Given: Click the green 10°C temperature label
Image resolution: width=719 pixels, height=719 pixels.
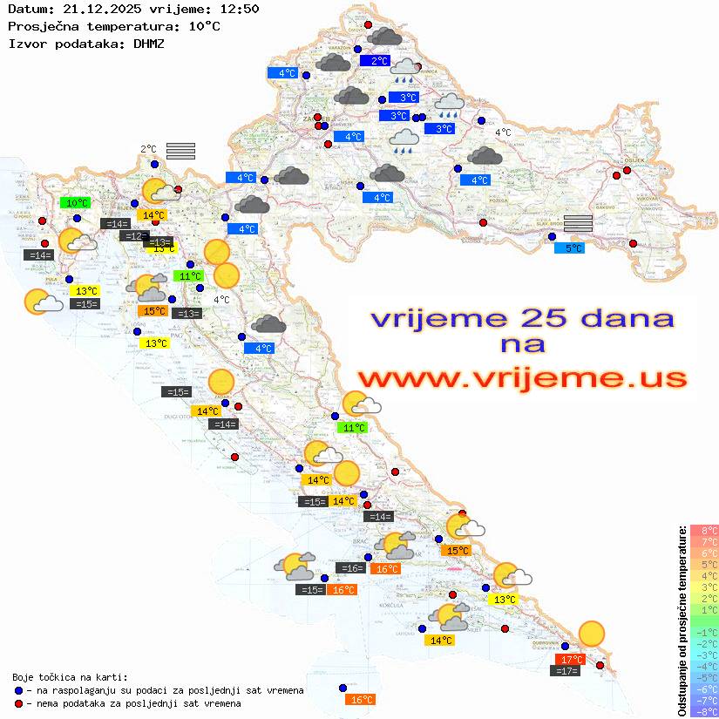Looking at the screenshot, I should pos(78,203).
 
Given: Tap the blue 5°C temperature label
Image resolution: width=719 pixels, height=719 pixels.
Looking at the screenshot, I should pos(569,248).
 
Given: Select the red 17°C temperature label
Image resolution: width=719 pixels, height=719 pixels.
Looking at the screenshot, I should pos(570,660).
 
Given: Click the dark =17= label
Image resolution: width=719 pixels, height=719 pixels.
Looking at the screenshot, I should pos(566,671).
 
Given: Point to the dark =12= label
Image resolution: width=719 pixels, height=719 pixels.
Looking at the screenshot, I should pos(134,236).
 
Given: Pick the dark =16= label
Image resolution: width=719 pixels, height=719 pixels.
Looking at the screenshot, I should pos(350,568).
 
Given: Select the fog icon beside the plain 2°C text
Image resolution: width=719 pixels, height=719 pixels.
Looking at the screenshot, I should pos(180,151).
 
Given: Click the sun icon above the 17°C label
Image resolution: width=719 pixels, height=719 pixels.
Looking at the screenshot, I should pos(592,634).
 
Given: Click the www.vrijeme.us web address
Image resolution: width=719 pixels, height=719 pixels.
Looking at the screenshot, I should pos(521,379).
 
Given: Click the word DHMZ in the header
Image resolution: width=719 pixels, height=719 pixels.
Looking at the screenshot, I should pos(148,43).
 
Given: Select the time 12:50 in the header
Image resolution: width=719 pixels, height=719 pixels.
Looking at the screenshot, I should pos(239,9).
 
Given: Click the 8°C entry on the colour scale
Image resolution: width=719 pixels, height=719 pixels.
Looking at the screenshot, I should pos(704,530).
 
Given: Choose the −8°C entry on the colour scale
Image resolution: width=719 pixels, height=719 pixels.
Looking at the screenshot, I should pos(704,711).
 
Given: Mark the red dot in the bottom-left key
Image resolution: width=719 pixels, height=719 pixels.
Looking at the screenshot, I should pos(19,703).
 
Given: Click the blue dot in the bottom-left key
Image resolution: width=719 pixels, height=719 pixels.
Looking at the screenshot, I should pos(19,690).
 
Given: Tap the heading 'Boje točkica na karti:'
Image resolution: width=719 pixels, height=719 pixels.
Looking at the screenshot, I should pos(70,677).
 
